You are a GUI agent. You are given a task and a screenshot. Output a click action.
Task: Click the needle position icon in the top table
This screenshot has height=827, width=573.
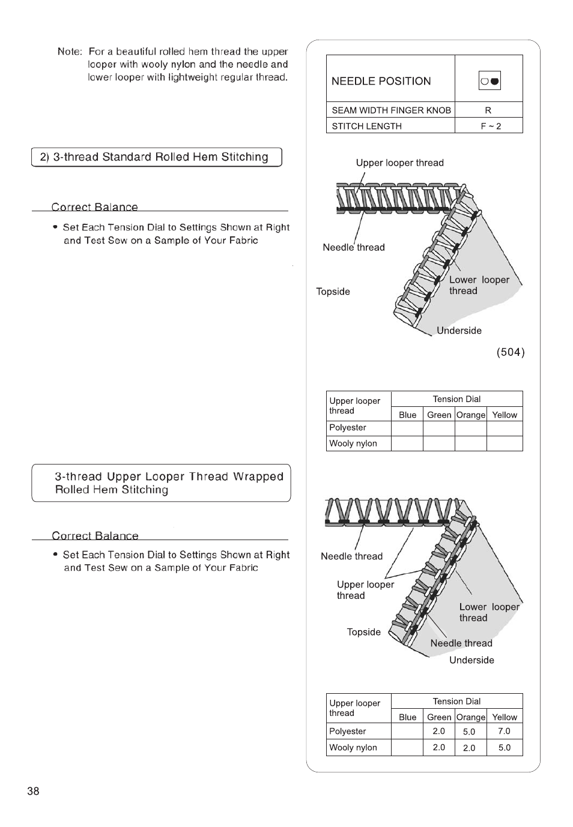pyautogui.click(x=490, y=80)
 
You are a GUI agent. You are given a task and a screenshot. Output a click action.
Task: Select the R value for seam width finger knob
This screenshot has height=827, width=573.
pyautogui.click(x=488, y=110)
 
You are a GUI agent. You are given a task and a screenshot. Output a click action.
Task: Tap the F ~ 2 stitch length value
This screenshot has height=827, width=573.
pyautogui.click(x=490, y=126)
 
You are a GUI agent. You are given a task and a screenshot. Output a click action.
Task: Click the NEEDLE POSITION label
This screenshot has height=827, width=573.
pyautogui.click(x=381, y=81)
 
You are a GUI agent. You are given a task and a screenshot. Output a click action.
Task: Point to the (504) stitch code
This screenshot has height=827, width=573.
pyautogui.click(x=511, y=352)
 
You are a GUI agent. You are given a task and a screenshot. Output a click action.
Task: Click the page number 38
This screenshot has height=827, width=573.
pyautogui.click(x=33, y=791)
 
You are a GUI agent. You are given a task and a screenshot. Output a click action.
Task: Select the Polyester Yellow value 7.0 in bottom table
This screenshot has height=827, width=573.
pyautogui.click(x=504, y=731)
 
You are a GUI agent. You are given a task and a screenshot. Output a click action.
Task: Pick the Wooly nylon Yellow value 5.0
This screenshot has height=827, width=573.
pyautogui.click(x=504, y=748)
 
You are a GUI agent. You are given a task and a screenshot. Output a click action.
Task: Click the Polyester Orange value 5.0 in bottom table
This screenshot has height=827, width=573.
pyautogui.click(x=469, y=732)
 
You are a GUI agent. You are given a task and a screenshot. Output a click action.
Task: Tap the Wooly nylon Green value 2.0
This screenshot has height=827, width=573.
pyautogui.click(x=439, y=748)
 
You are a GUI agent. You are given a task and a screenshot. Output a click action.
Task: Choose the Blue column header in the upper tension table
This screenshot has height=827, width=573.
pyautogui.click(x=407, y=415)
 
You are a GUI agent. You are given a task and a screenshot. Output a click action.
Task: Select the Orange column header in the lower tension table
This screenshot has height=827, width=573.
pyautogui.click(x=471, y=717)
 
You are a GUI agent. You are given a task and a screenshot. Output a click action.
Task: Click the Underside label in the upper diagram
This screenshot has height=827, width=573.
pyautogui.click(x=459, y=331)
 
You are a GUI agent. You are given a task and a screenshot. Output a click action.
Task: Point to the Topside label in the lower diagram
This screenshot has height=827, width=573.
pyautogui.click(x=363, y=632)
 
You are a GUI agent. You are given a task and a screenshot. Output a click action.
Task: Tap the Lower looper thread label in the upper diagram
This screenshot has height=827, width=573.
pyautogui.click(x=479, y=285)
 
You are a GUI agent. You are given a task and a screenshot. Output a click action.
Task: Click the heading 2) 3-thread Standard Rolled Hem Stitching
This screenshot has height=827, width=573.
pyautogui.click(x=154, y=157)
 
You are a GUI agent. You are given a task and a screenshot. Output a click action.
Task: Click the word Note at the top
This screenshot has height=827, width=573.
pyautogui.click(x=69, y=52)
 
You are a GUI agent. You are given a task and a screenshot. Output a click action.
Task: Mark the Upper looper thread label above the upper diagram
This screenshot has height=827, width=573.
pyautogui.click(x=399, y=163)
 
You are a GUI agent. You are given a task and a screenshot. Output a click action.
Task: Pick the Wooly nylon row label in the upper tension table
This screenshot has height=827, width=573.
pyautogui.click(x=353, y=444)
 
